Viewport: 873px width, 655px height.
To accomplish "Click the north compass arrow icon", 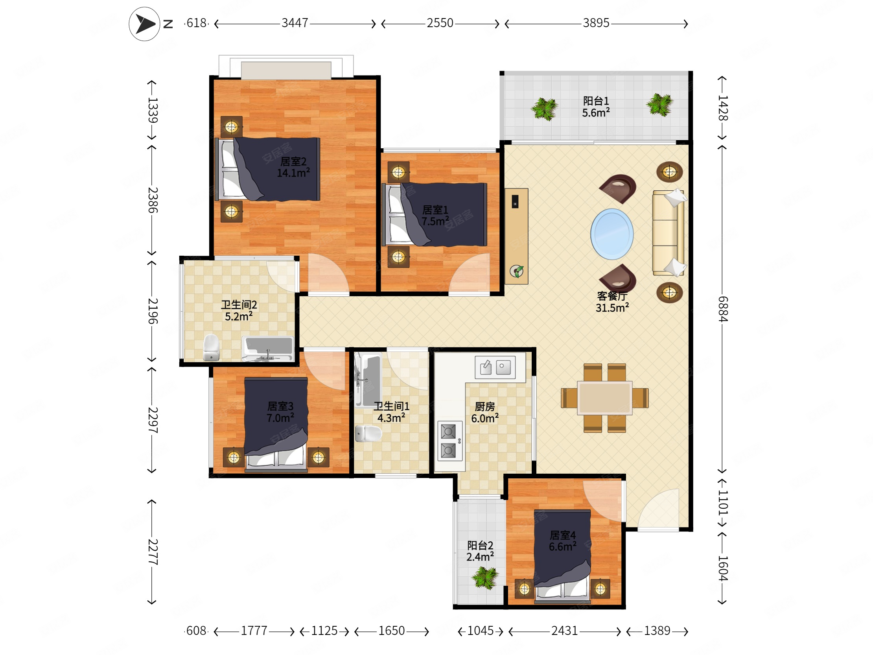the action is (x=144, y=24).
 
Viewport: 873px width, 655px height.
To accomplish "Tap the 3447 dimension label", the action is (x=295, y=23).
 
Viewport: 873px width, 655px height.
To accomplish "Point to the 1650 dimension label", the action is (x=392, y=631).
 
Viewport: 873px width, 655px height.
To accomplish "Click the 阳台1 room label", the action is (x=596, y=101).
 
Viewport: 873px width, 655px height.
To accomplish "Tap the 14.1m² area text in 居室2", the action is (x=293, y=173).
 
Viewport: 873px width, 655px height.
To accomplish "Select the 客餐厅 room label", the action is (x=612, y=296).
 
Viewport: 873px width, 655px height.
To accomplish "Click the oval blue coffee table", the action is (x=612, y=234).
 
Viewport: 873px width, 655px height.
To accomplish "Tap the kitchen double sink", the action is (x=495, y=367).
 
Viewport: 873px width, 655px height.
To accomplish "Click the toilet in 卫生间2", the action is (x=211, y=347).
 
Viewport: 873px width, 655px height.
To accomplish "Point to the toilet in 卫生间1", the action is (x=368, y=434).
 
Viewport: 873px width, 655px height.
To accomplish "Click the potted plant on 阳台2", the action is (x=485, y=578).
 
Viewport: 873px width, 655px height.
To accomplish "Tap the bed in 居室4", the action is (x=562, y=557).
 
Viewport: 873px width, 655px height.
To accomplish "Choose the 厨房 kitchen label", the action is (x=484, y=406).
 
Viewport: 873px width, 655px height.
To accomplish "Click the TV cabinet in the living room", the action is (x=516, y=236).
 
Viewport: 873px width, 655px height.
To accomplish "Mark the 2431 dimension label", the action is (x=564, y=631).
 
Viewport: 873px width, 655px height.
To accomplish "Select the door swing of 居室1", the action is (x=469, y=274).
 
